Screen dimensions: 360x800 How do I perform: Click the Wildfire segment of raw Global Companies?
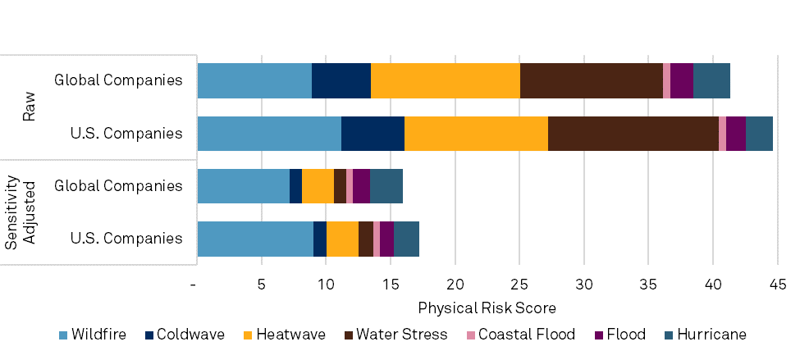click(254, 80)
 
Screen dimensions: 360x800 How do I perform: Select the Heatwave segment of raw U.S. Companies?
click(476, 134)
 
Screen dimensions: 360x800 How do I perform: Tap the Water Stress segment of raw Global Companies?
click(591, 80)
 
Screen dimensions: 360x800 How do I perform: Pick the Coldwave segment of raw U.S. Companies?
click(373, 134)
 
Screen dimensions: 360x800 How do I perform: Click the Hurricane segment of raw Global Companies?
click(711, 80)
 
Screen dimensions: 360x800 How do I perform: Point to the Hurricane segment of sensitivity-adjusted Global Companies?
click(386, 186)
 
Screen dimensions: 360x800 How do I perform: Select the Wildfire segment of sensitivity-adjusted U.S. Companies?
click(255, 239)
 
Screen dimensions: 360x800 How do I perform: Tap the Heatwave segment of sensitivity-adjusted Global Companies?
click(318, 186)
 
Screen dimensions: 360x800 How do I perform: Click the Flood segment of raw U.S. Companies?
click(736, 134)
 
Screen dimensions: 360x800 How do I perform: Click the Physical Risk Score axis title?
click(487, 308)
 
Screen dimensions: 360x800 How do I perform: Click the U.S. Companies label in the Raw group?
click(126, 134)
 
